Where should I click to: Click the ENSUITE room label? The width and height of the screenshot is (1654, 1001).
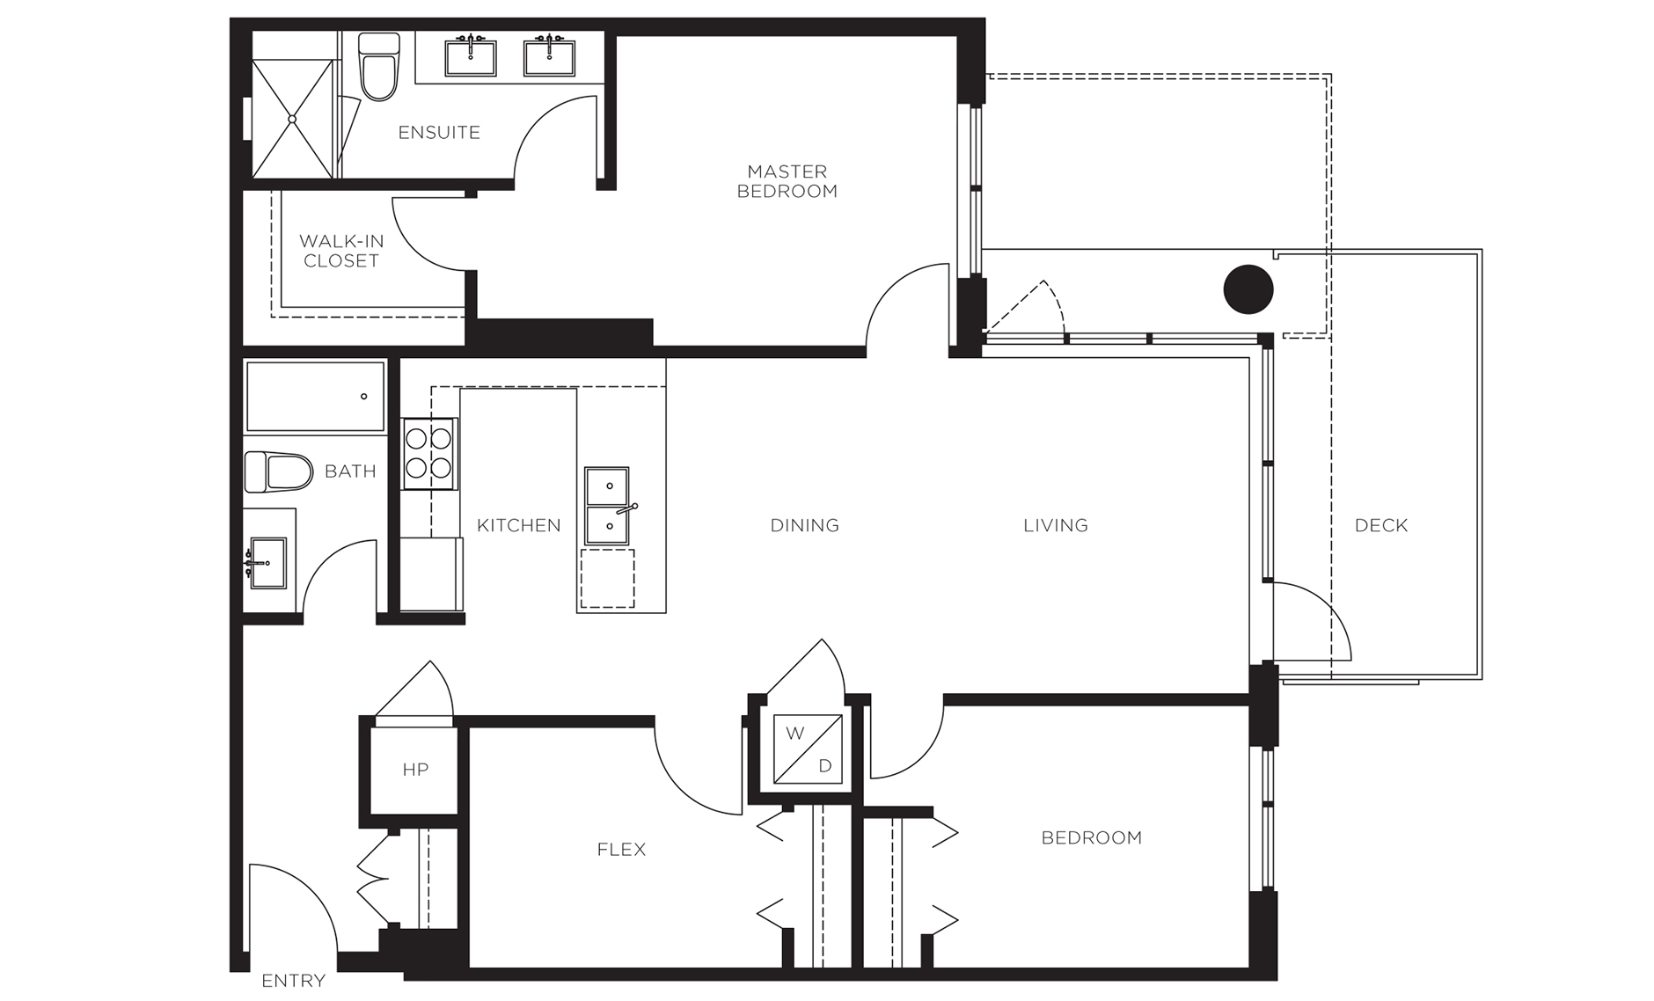point(439,133)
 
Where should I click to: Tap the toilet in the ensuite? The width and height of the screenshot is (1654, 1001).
point(379,68)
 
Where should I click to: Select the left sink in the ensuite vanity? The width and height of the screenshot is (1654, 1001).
point(471,57)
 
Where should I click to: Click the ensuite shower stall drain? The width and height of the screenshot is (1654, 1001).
point(292,118)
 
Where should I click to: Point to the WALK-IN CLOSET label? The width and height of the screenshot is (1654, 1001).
point(341,251)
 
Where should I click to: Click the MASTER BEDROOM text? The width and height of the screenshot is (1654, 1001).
point(787,181)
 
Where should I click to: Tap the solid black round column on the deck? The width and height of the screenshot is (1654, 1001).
point(1248,289)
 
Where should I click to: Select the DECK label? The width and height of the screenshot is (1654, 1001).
point(1380,525)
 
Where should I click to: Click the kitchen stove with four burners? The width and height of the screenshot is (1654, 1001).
point(429,453)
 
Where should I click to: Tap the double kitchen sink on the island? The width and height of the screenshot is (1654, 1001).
point(607,506)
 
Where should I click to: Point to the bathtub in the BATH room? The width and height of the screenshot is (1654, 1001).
point(315,397)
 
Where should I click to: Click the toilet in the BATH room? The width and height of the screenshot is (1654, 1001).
point(278,472)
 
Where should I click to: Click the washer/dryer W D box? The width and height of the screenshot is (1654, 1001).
point(808,749)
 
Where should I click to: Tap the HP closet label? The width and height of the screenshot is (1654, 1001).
point(415,770)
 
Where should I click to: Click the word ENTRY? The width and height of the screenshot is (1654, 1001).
point(293,981)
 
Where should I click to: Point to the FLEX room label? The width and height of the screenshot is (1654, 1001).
point(621,850)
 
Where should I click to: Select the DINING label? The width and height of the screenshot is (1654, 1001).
point(804,525)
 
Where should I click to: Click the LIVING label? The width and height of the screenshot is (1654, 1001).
point(1055,525)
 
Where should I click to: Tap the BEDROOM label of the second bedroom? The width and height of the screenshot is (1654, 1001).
point(1091,837)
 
